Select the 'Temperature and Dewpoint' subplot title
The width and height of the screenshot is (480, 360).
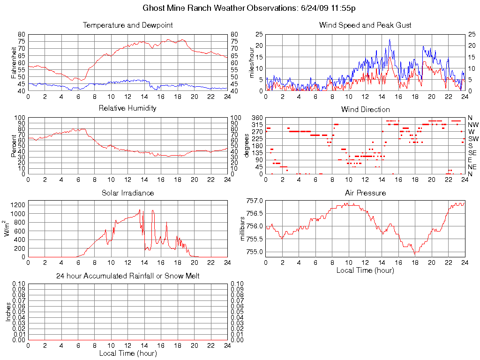[127, 25]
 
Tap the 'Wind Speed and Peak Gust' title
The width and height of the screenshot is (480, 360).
[365, 25]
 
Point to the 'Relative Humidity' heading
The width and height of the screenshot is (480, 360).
[127, 108]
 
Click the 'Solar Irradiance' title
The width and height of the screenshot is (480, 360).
[127, 193]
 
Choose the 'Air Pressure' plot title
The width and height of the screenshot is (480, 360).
[365, 193]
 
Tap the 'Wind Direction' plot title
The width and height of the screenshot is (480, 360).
[365, 110]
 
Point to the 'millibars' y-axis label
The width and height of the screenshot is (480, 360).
[243, 226]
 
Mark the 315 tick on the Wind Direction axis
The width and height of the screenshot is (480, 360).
[256, 125]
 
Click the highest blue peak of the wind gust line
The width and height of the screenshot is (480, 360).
[390, 39]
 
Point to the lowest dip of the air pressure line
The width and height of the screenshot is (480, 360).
[415, 254]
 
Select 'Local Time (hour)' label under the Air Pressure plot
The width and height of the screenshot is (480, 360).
[365, 270]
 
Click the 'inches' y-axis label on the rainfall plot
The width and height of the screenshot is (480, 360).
[8, 311]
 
